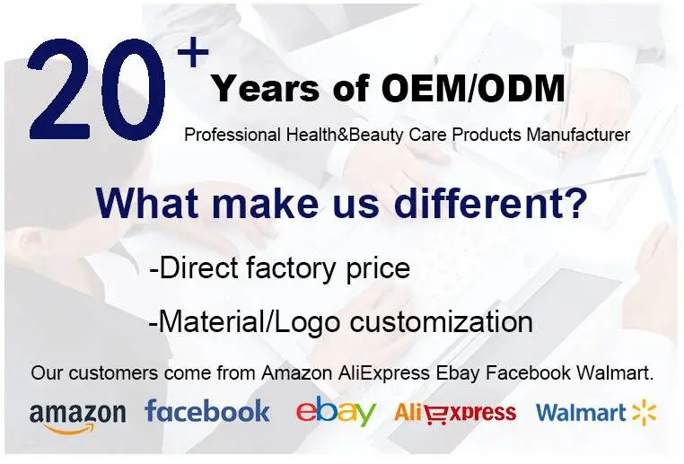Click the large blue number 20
[97, 90]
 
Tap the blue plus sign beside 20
[193, 52]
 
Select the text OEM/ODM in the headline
[473, 89]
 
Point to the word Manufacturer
[578, 135]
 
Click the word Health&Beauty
[345, 135]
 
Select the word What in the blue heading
[151, 203]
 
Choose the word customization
[441, 322]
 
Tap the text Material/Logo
[249, 322]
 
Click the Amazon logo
[77, 417]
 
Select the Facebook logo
[207, 411]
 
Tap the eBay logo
[336, 410]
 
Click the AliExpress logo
[455, 413]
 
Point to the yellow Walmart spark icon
[645, 413]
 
